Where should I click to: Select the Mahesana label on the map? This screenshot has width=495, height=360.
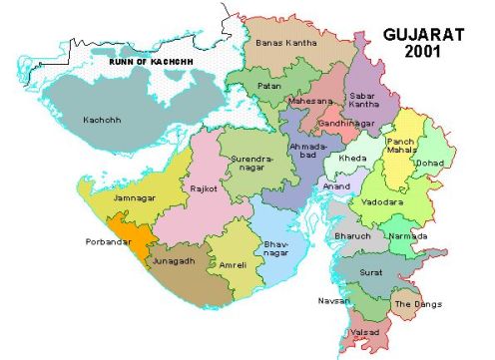(310, 102)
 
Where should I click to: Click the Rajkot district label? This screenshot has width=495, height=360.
(204, 187)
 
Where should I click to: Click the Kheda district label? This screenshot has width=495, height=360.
(352, 159)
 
